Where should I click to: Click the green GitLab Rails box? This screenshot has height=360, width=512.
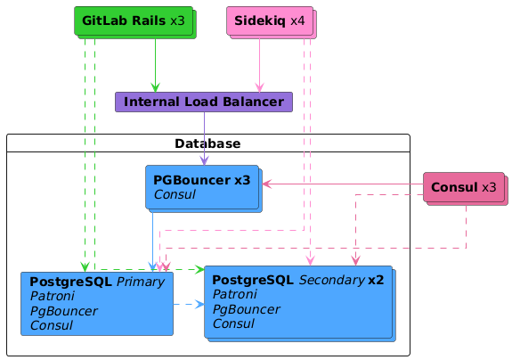click(x=135, y=22)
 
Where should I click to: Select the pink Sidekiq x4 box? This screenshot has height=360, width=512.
click(x=272, y=22)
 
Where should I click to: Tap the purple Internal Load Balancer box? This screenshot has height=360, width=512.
click(x=204, y=102)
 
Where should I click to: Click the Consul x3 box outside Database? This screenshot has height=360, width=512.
click(x=466, y=189)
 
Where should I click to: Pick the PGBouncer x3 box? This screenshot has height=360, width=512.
click(x=203, y=189)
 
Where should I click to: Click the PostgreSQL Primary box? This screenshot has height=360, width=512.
click(x=97, y=304)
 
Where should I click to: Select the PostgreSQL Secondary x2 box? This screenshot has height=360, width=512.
click(x=300, y=304)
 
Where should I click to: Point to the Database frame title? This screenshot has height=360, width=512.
click(x=207, y=143)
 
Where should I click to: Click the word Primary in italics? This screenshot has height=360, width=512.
click(x=141, y=282)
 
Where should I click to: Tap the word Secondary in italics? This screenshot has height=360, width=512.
click(x=332, y=280)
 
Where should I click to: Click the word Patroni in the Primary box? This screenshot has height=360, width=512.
click(x=53, y=296)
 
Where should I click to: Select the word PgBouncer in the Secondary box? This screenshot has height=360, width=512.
click(x=247, y=309)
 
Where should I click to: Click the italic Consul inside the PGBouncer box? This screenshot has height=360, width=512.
click(x=175, y=194)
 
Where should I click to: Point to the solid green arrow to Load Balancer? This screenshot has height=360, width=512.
click(x=156, y=65)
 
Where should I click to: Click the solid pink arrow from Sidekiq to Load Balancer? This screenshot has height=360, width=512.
click(x=260, y=65)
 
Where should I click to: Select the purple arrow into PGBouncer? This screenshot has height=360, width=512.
click(x=205, y=138)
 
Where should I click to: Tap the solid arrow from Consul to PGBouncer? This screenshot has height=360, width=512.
click(x=343, y=184)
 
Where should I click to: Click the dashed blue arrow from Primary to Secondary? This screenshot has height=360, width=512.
click(x=189, y=305)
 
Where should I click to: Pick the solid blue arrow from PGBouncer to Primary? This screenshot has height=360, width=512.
click(x=153, y=242)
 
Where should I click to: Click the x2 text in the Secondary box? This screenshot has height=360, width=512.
click(x=376, y=280)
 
